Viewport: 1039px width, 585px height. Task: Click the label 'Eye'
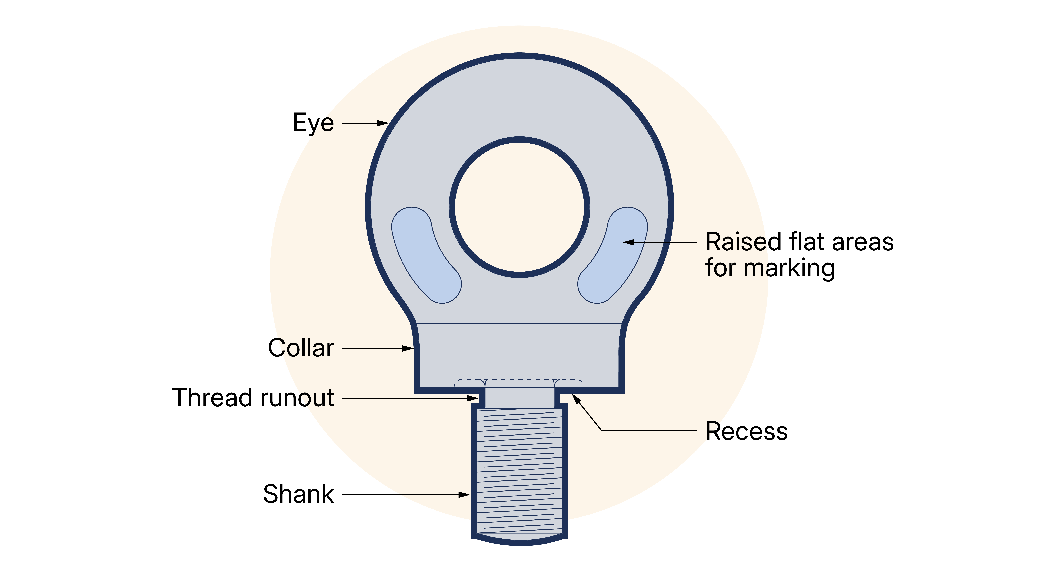(x=313, y=123)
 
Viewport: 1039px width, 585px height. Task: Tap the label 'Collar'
(x=301, y=348)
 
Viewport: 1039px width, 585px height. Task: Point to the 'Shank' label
(x=298, y=494)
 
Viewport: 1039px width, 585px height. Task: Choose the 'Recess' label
(x=746, y=431)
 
